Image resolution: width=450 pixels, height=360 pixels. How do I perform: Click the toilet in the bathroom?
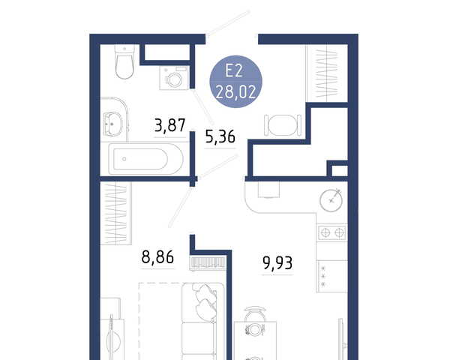(x=124, y=61)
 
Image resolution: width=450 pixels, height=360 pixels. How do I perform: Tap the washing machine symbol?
(x=174, y=78)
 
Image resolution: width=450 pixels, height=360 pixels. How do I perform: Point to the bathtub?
(x=145, y=159)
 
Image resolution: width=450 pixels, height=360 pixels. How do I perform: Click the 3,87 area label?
(x=170, y=125)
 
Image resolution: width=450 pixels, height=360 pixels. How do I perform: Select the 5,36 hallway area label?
(x=220, y=136)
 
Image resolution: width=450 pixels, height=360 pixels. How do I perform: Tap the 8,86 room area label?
(x=157, y=257)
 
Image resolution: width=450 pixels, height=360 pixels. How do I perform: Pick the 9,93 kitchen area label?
(x=277, y=263)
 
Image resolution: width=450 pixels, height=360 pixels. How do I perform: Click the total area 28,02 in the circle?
(x=235, y=92)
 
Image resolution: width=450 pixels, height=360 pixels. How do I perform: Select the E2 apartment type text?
(x=234, y=70)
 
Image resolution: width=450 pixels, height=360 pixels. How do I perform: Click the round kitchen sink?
(x=331, y=200)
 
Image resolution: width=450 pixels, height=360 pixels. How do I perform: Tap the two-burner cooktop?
(x=332, y=232)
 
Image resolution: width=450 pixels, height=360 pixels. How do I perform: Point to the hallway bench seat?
(x=283, y=125)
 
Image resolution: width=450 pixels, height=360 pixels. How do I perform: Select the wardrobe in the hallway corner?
(x=326, y=73)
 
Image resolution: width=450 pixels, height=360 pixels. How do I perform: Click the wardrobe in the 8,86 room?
(x=116, y=213)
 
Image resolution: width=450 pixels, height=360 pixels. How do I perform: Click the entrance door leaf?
(x=229, y=23)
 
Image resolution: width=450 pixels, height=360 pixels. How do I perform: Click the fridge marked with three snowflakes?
(x=331, y=276)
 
